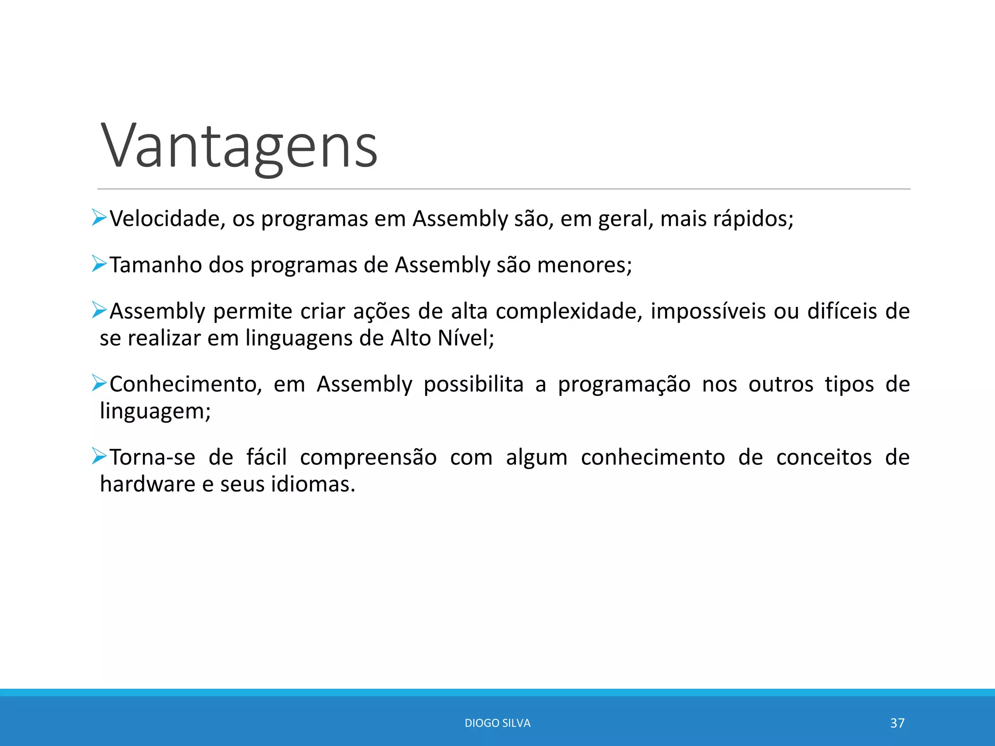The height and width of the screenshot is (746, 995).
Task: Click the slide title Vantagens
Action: pos(239,146)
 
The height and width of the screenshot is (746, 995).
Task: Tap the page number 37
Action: pos(897,723)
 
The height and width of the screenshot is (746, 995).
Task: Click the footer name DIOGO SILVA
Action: pos(497,723)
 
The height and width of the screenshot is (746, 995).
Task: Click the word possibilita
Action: pos(474,384)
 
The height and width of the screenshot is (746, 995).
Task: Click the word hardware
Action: pos(147,484)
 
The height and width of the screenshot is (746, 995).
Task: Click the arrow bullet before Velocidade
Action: pos(99,218)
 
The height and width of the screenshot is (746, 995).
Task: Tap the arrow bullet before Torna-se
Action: pos(99,456)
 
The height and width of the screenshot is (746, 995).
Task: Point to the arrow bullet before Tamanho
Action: pos(99,264)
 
